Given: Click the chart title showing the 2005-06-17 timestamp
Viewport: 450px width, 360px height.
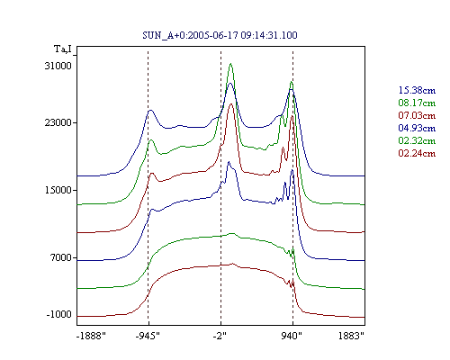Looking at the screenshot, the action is tap(220, 35).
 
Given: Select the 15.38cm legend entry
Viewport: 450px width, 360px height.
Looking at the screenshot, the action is tap(417, 90).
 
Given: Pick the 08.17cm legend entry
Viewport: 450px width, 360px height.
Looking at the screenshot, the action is tap(417, 103).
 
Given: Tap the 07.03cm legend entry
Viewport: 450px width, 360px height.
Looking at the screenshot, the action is tap(417, 115).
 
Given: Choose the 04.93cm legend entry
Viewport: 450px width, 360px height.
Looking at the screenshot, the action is tap(417, 128).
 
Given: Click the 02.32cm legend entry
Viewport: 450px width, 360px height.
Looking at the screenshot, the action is tap(417, 140).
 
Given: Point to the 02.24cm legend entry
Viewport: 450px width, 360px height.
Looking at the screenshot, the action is tap(417, 153).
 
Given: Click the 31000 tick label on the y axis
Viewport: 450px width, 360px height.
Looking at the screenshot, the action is tap(58, 66).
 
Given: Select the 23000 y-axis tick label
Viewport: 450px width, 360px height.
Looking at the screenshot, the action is tap(58, 122).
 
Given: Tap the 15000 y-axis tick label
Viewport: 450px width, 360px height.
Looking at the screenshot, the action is tap(58, 190).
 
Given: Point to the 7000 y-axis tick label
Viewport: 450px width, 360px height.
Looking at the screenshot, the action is tap(60, 257).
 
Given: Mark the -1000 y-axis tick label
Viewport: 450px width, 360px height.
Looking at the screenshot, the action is tap(59, 314).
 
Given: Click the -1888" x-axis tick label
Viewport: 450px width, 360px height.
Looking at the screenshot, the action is tap(91, 336).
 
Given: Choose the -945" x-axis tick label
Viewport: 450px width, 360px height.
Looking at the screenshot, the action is tap(148, 336).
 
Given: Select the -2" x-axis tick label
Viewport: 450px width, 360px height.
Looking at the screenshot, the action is tap(220, 336).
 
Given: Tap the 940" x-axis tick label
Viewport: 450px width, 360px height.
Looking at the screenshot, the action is tap(292, 336).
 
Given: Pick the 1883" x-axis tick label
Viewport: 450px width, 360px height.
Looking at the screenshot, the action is tap(351, 336).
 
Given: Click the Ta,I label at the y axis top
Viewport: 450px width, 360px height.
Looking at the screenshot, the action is tap(63, 49).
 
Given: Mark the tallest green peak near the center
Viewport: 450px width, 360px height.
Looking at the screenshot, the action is tap(230, 64).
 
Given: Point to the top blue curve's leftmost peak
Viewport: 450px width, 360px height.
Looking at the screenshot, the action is tap(150, 111).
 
